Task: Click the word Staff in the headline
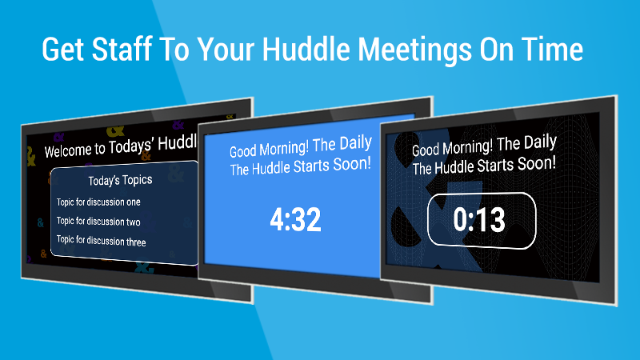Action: [122, 49]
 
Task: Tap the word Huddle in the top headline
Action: [306, 49]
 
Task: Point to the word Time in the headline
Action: [552, 49]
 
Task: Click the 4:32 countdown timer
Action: [295, 219]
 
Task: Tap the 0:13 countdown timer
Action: [479, 219]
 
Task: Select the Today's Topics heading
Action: [121, 180]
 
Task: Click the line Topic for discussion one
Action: [98, 202]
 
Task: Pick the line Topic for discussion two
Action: [98, 222]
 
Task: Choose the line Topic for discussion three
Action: [102, 241]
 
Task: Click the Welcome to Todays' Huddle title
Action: [121, 146]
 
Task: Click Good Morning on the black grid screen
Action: [452, 148]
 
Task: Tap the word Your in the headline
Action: [226, 50]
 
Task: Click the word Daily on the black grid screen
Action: [541, 142]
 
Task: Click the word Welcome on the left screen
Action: [68, 150]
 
